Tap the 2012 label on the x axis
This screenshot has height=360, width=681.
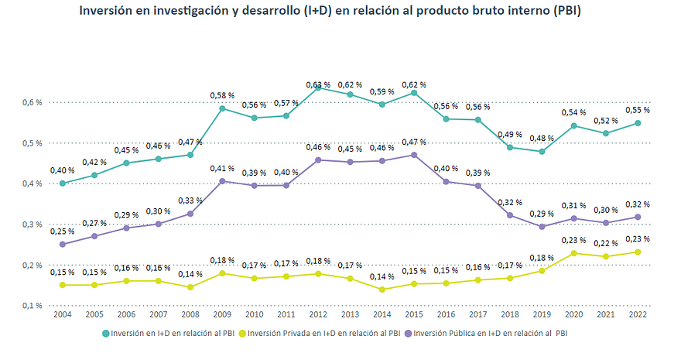click(x=317, y=316)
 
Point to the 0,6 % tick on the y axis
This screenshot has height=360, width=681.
click(x=32, y=102)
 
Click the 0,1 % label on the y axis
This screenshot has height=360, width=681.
click(x=32, y=306)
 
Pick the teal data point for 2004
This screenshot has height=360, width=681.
click(x=62, y=183)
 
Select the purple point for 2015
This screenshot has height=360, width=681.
click(x=415, y=155)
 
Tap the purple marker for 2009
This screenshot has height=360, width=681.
click(x=222, y=181)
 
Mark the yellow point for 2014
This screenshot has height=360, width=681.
click(x=382, y=290)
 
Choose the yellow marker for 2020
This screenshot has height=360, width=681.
click(x=573, y=253)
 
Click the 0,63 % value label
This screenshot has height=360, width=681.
click(x=317, y=84)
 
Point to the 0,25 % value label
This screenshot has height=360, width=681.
click(x=62, y=231)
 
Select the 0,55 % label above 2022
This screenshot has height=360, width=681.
click(x=637, y=111)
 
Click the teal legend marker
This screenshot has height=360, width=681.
click(x=105, y=334)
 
